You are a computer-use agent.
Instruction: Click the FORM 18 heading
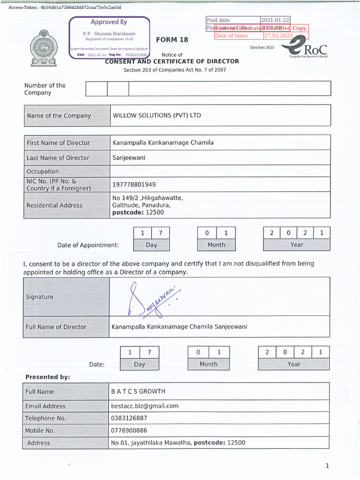(x=172, y=40)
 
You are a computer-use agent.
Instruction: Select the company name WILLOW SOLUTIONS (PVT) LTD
(x=157, y=115)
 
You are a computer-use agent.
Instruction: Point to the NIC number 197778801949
(x=134, y=184)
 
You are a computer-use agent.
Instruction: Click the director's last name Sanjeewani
(x=129, y=157)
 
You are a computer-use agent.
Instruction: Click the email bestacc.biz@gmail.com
(x=145, y=406)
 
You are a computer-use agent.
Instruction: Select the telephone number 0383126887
(x=129, y=418)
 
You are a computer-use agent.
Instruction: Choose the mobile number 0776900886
(x=129, y=430)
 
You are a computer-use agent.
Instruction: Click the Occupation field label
(x=43, y=172)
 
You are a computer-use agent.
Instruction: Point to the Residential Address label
(x=54, y=205)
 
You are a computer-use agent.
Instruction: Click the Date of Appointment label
(x=88, y=245)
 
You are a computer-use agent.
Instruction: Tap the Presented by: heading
(x=48, y=377)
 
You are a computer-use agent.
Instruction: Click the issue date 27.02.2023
(x=278, y=36)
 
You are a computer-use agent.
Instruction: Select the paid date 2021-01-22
(x=275, y=20)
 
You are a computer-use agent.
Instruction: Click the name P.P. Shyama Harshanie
(x=109, y=34)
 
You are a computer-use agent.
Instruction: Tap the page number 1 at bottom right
(x=327, y=465)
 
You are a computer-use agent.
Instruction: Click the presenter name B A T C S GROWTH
(x=138, y=391)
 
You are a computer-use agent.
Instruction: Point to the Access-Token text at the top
(x=65, y=7)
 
